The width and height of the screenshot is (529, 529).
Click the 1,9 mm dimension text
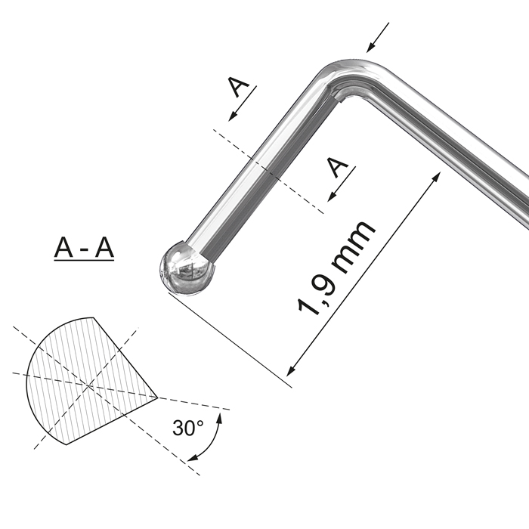pos(336,269)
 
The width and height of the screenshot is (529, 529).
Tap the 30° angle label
pos(188,428)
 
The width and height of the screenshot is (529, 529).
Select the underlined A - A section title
pos(84,248)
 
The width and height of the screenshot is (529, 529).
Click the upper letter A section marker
pos(238,86)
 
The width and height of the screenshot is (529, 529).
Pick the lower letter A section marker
pos(338,167)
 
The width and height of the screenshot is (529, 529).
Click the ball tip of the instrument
pos(186,268)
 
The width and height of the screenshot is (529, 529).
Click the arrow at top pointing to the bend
pos(378,38)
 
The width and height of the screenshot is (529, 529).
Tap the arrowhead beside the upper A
pos(232,116)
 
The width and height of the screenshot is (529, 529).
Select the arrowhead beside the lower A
pos(332,196)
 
